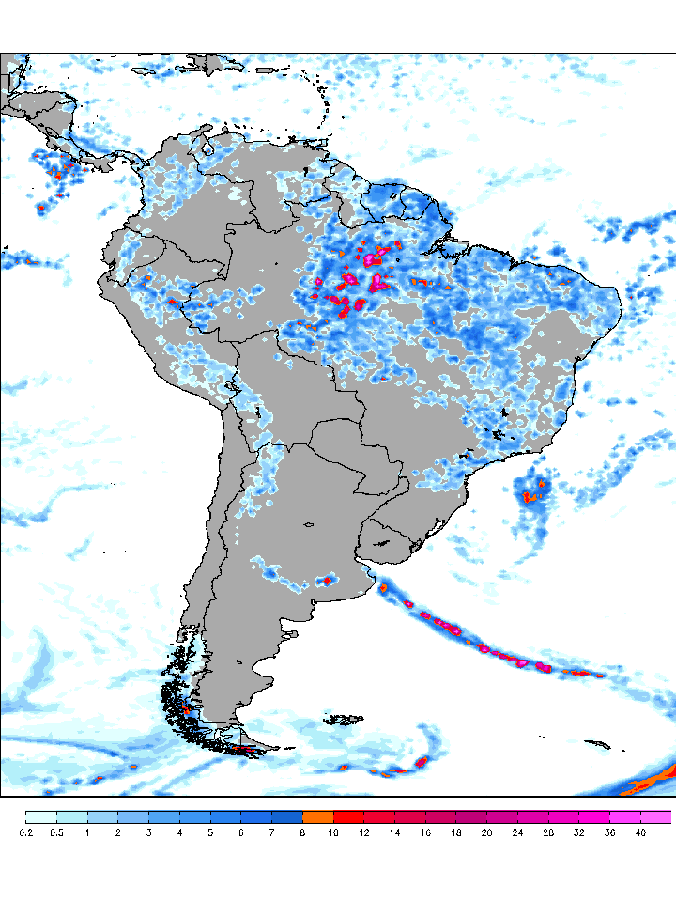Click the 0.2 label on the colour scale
[x=25, y=832]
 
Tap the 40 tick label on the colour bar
[x=640, y=832]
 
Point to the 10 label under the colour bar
[x=333, y=832]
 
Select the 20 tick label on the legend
[x=487, y=832]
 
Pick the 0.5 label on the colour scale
[x=56, y=832]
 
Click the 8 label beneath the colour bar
[x=302, y=832]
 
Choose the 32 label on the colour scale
[x=578, y=832]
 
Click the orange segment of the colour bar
[x=317, y=816]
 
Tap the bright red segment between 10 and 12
[x=348, y=816]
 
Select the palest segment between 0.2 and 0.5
[x=41, y=816]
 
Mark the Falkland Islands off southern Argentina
[x=343, y=720]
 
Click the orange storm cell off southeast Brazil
[x=531, y=494]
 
